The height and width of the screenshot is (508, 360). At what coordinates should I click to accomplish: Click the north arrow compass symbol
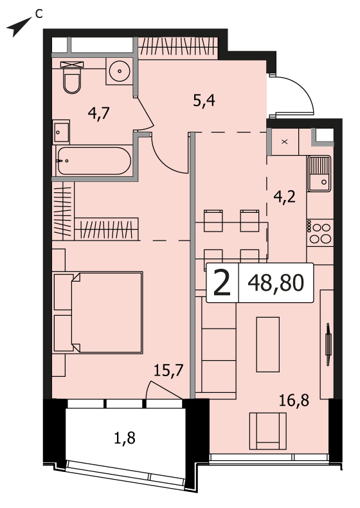click(19, 27)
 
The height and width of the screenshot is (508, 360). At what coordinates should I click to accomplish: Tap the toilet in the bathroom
click(72, 78)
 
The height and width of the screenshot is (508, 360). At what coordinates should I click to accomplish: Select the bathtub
click(94, 161)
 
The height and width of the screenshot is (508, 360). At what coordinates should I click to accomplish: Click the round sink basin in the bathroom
click(120, 71)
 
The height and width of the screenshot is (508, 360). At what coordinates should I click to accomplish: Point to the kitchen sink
click(319, 174)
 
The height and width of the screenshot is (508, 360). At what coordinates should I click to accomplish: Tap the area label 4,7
click(99, 114)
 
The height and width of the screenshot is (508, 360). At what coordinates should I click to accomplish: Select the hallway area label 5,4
click(204, 102)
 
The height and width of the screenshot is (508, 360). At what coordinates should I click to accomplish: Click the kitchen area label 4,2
click(285, 197)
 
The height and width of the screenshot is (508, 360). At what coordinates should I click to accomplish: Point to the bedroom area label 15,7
click(168, 370)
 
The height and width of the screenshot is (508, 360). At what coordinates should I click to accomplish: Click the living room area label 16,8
click(294, 401)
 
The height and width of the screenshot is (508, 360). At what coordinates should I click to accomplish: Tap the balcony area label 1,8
click(125, 438)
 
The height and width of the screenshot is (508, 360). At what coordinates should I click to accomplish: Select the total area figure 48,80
click(276, 283)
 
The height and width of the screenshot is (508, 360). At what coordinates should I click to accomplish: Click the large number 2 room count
click(222, 283)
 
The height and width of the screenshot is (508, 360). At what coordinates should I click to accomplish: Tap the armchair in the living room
click(267, 431)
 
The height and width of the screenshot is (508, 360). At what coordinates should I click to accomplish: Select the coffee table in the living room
click(268, 345)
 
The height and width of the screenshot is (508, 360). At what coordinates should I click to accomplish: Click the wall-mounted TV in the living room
click(328, 345)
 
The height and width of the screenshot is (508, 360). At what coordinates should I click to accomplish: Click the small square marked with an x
click(285, 141)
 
